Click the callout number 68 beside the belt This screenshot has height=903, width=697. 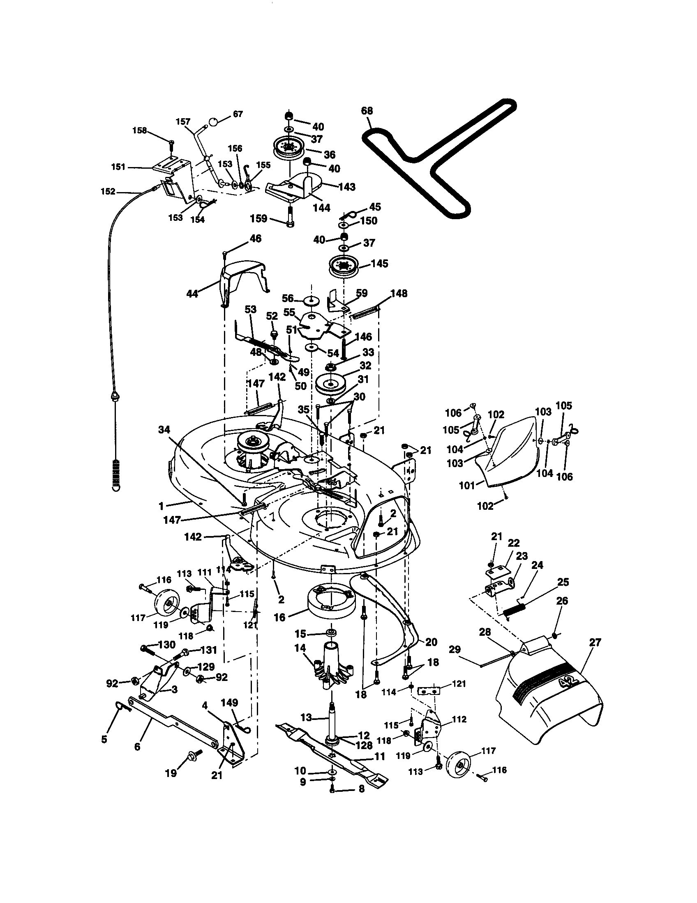coord(367,111)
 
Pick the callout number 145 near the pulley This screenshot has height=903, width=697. coord(379,264)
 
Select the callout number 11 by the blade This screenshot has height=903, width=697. coord(379,756)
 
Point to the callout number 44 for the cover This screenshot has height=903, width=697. coord(192,294)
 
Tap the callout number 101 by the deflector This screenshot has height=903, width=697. coord(467,486)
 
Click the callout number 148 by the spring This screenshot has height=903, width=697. coord(398,293)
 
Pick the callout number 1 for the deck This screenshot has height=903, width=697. coord(161,505)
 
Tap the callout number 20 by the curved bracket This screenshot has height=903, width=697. coord(431,642)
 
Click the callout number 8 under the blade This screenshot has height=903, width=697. coord(361,788)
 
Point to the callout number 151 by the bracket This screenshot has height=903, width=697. coord(118,167)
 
